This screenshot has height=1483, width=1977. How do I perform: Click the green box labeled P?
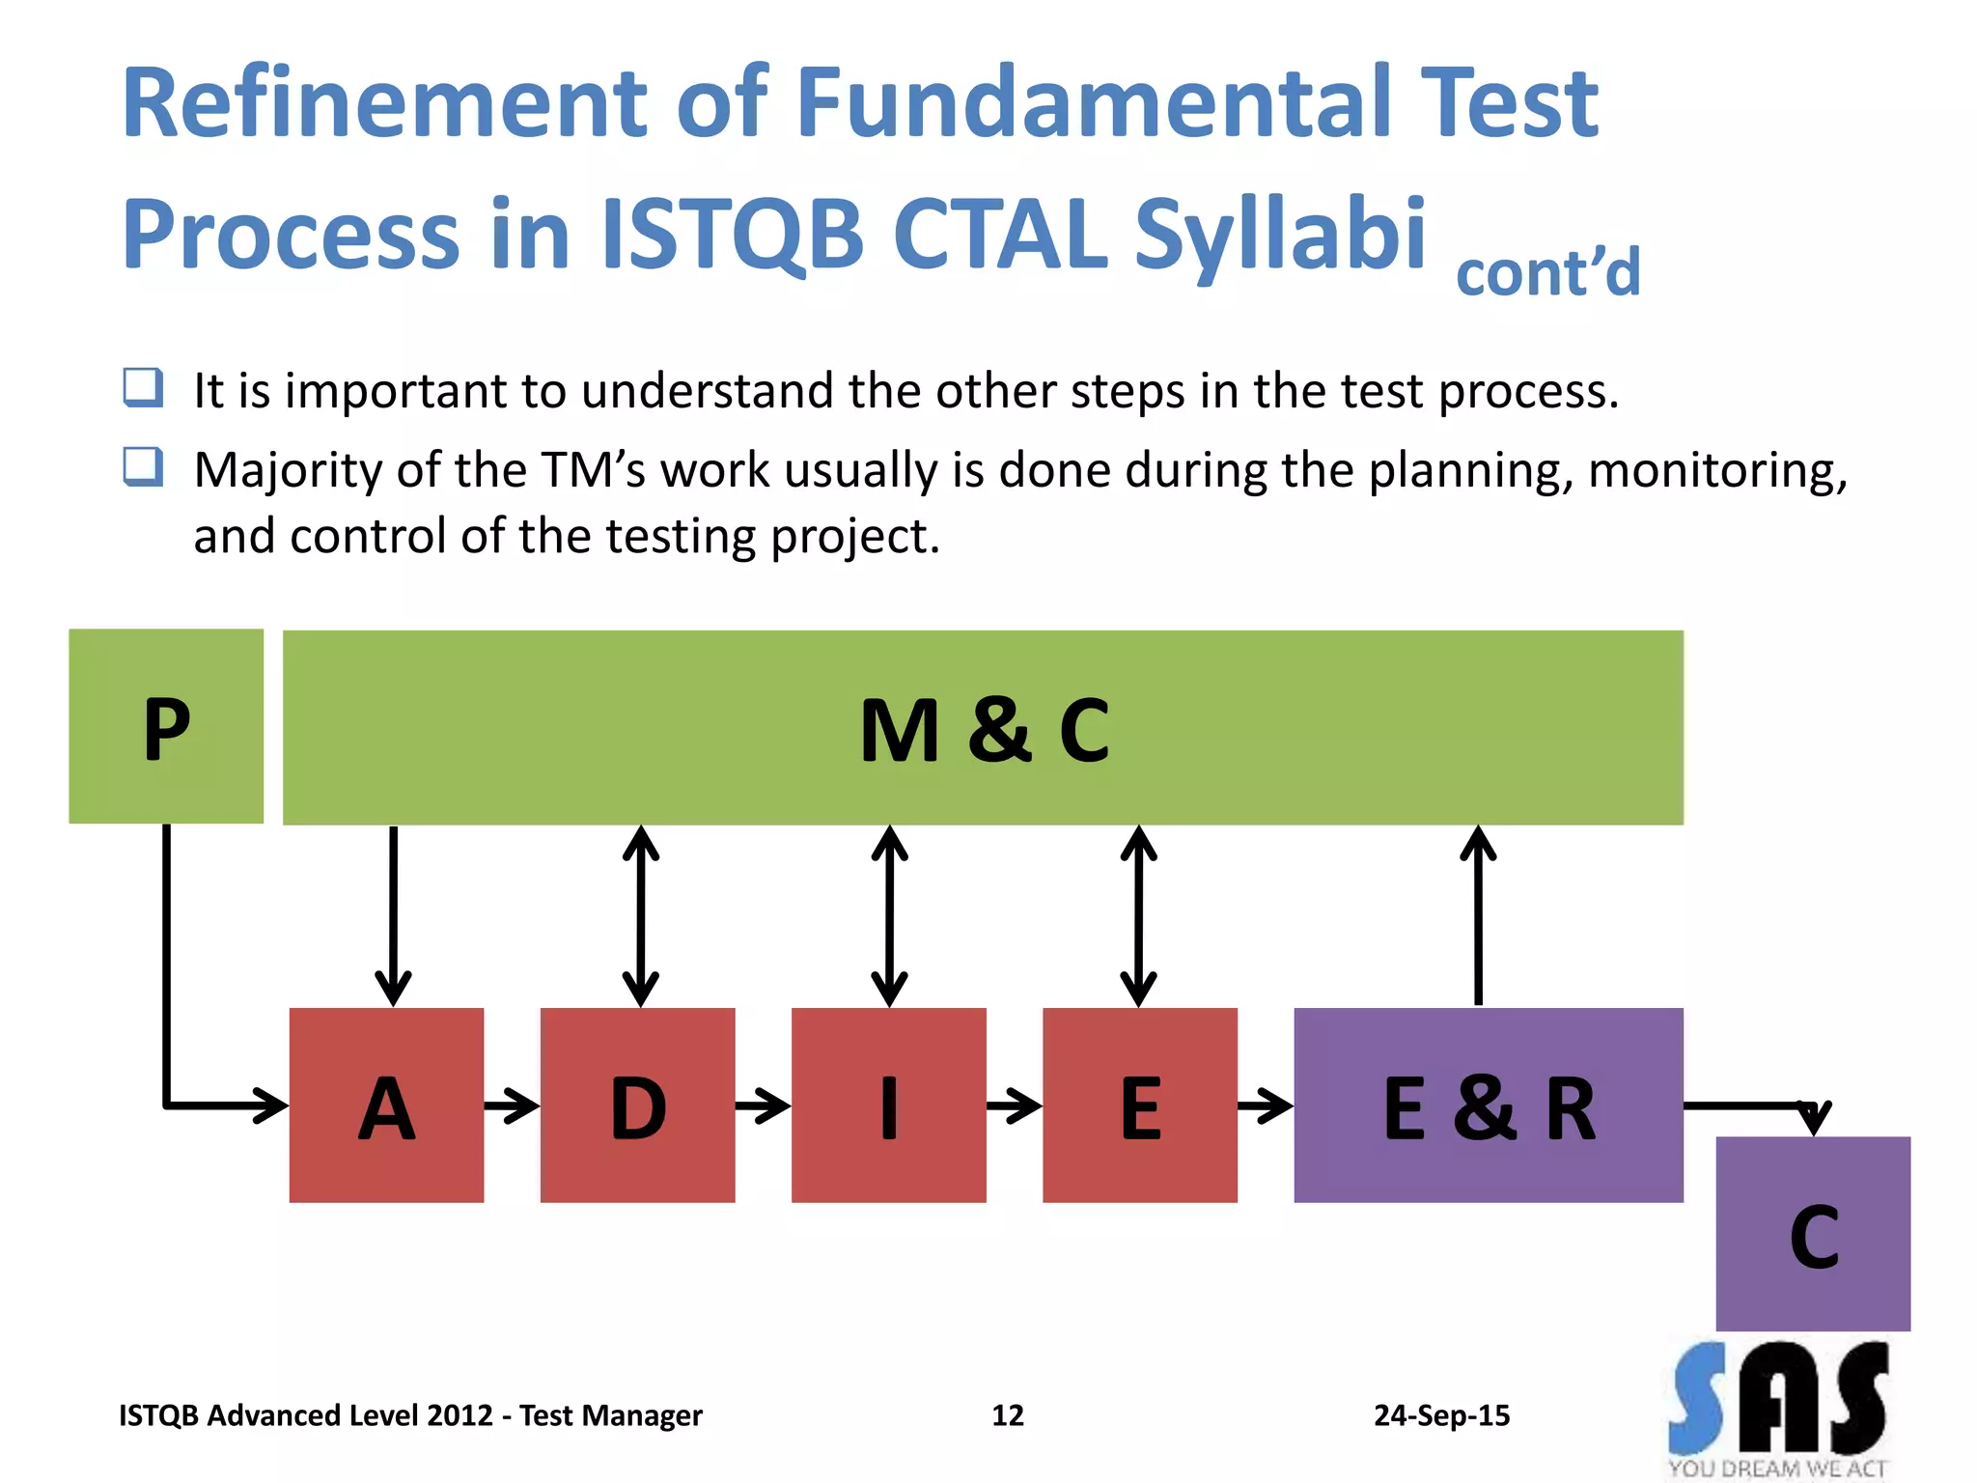pos(166,726)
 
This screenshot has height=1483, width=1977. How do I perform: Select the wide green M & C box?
pos(983,728)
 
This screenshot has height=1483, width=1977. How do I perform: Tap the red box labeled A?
pos(386,1105)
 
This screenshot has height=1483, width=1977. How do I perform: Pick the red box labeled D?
pos(637,1105)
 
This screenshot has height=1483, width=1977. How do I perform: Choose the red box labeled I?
pos(888,1105)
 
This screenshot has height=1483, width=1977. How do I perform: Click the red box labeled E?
pos(1139,1105)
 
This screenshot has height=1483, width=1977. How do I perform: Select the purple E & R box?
pos(1488,1105)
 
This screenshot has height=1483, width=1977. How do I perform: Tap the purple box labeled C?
pos(1812,1234)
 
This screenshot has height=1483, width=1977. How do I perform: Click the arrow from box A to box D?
pos(512,1105)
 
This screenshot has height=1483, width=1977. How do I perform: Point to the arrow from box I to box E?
pos(1014,1105)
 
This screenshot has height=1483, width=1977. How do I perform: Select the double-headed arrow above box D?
pos(641,915)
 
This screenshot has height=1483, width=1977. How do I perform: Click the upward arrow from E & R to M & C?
pos(1478,915)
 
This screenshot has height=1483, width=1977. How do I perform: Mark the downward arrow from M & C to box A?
pos(393,915)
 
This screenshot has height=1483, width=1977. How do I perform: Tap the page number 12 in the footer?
pos(1007,1415)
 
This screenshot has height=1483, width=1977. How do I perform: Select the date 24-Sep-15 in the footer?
pos(1441,1415)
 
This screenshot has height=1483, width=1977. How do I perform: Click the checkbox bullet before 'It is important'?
pos(143,388)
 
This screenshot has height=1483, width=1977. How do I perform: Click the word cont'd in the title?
pos(1547,272)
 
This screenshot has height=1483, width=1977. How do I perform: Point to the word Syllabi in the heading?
pos(1279,234)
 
